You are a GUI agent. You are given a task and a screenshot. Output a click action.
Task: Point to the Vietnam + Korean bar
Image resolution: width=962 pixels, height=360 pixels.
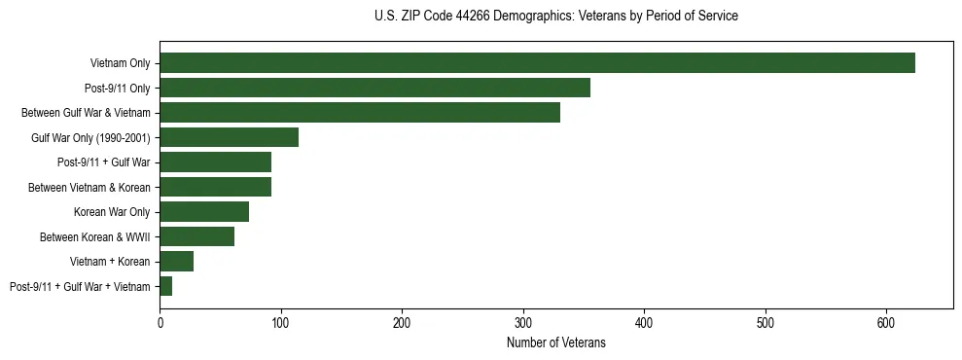pos(176,261)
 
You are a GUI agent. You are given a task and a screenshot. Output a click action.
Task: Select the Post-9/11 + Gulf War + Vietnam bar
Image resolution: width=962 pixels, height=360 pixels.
pos(165,286)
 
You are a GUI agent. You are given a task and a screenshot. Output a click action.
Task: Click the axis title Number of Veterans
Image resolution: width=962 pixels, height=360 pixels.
pos(556,343)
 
